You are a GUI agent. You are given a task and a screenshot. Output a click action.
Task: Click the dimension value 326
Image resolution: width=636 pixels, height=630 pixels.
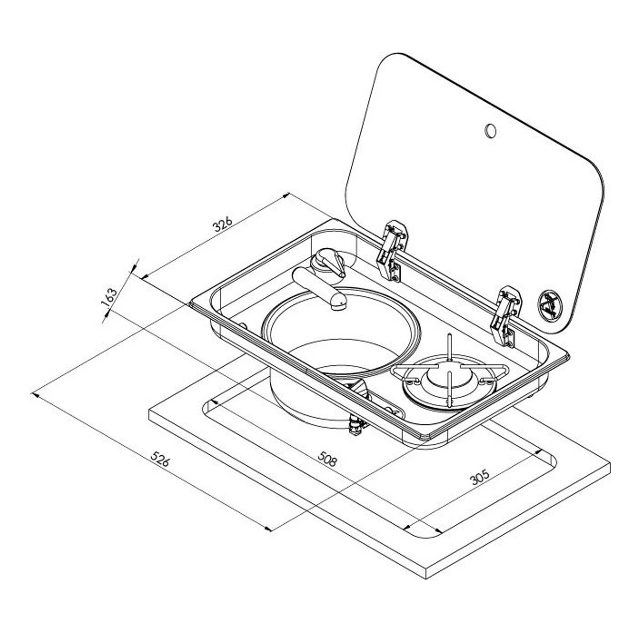[222, 224]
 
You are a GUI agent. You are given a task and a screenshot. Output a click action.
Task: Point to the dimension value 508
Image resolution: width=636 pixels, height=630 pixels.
[327, 459]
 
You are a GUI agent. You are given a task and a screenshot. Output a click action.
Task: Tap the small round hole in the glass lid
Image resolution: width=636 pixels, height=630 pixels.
[490, 130]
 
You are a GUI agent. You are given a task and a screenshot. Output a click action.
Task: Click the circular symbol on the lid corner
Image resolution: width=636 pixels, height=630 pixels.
[549, 302]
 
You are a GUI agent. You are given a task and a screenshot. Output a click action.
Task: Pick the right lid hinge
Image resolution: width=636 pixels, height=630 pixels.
[506, 315]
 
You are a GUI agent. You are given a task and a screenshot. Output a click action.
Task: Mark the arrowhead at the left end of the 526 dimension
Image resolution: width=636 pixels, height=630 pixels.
[33, 394]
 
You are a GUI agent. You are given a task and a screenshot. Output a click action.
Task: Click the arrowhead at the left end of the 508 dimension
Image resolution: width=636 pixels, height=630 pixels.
[213, 401]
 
